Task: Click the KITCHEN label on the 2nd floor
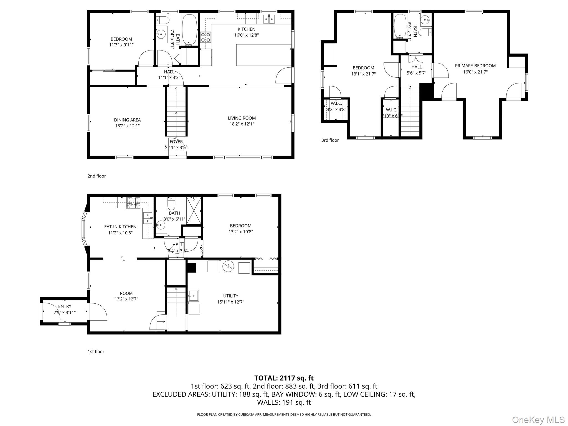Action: pos(246,29)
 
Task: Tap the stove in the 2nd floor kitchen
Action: pos(206,37)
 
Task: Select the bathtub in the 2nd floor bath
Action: pos(190,30)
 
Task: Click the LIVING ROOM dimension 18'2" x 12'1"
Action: pos(242,124)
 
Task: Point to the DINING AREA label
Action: pos(127,120)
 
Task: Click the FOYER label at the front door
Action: pos(176,142)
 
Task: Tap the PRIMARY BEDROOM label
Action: pos(475,66)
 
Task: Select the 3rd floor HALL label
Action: pos(416,67)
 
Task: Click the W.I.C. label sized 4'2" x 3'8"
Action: pos(336,103)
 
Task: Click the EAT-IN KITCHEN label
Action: pos(120,227)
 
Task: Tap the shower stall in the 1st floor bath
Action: pos(194,211)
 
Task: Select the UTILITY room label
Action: pos(230,296)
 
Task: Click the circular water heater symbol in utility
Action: pos(228,266)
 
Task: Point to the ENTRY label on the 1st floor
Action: pos(65,306)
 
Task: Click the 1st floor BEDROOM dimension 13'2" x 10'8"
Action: pos(240,232)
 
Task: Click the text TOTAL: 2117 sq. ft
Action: pos(284,378)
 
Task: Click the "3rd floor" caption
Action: pos(330,140)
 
